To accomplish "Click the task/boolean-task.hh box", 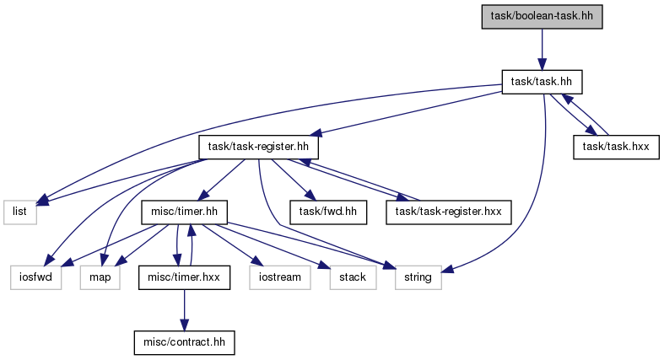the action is pos(542,17).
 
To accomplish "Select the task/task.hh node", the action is pos(542,82).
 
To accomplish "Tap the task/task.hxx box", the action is pos(616,148).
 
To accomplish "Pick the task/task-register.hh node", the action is pos(258,148).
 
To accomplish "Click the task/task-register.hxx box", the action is pos(449,212).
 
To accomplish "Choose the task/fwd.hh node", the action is pos(328,212).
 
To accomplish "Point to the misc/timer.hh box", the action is pos(184,212).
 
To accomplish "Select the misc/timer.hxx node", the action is pos(184,277).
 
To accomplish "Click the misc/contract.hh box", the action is pos(184,342).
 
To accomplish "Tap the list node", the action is pos(20,212).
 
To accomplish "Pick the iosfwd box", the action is pos(36,277).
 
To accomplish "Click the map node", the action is pos(100,277).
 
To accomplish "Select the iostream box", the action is pos(280,277).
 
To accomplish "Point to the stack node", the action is pos(353,277).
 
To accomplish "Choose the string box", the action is pos(418,277).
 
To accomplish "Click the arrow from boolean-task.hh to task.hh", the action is pos(542,50).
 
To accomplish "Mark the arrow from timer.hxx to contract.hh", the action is pos(184,310).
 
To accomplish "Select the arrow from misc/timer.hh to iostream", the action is pos(230,245).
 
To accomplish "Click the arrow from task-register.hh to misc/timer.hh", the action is pos(222,180).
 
